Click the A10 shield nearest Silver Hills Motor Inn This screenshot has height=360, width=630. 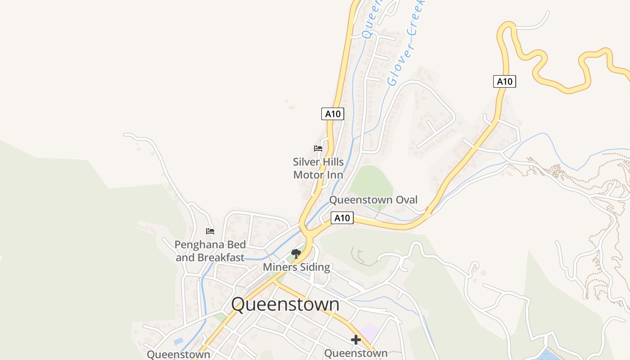click(333, 114)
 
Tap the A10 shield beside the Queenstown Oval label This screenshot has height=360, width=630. click(342, 218)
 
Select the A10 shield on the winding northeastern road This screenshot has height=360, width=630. click(504, 81)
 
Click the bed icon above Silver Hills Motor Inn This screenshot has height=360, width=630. click(318, 148)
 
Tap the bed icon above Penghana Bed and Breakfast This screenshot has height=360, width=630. click(210, 231)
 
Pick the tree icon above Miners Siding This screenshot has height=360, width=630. click(296, 254)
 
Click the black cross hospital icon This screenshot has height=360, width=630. click(356, 339)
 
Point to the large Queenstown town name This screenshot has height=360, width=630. click(285, 304)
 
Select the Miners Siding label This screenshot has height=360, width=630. click(296, 267)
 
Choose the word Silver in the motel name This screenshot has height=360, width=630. click(306, 162)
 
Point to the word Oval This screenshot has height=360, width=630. click(405, 200)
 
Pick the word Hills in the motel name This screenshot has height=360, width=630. click(333, 162)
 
